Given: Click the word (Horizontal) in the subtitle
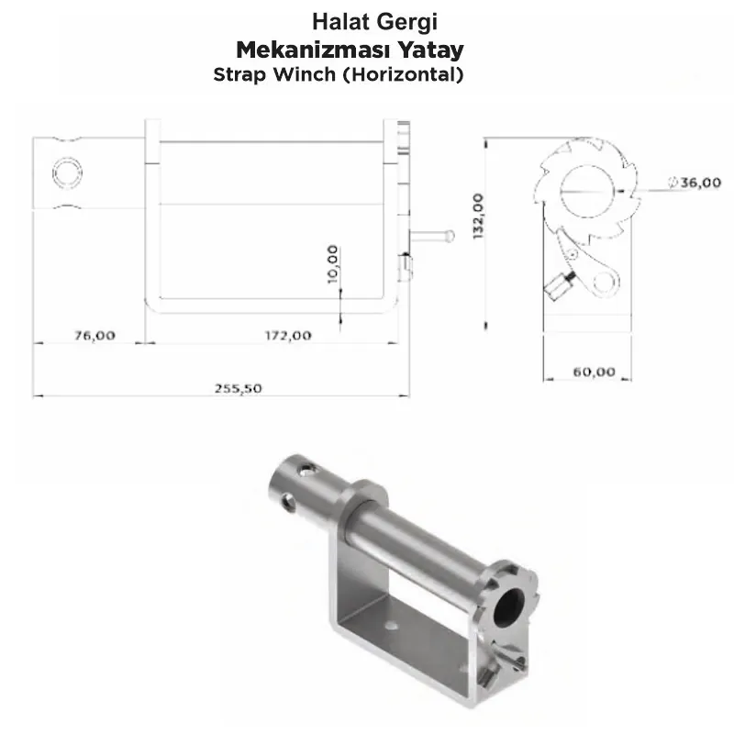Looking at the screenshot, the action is pyautogui.click(x=403, y=75).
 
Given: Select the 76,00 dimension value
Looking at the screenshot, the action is pyautogui.click(x=95, y=335).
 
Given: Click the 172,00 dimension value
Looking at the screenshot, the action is pyautogui.click(x=288, y=335).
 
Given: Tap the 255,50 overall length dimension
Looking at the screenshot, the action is pyautogui.click(x=239, y=388).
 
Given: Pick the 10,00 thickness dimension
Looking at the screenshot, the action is pyautogui.click(x=332, y=264).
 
